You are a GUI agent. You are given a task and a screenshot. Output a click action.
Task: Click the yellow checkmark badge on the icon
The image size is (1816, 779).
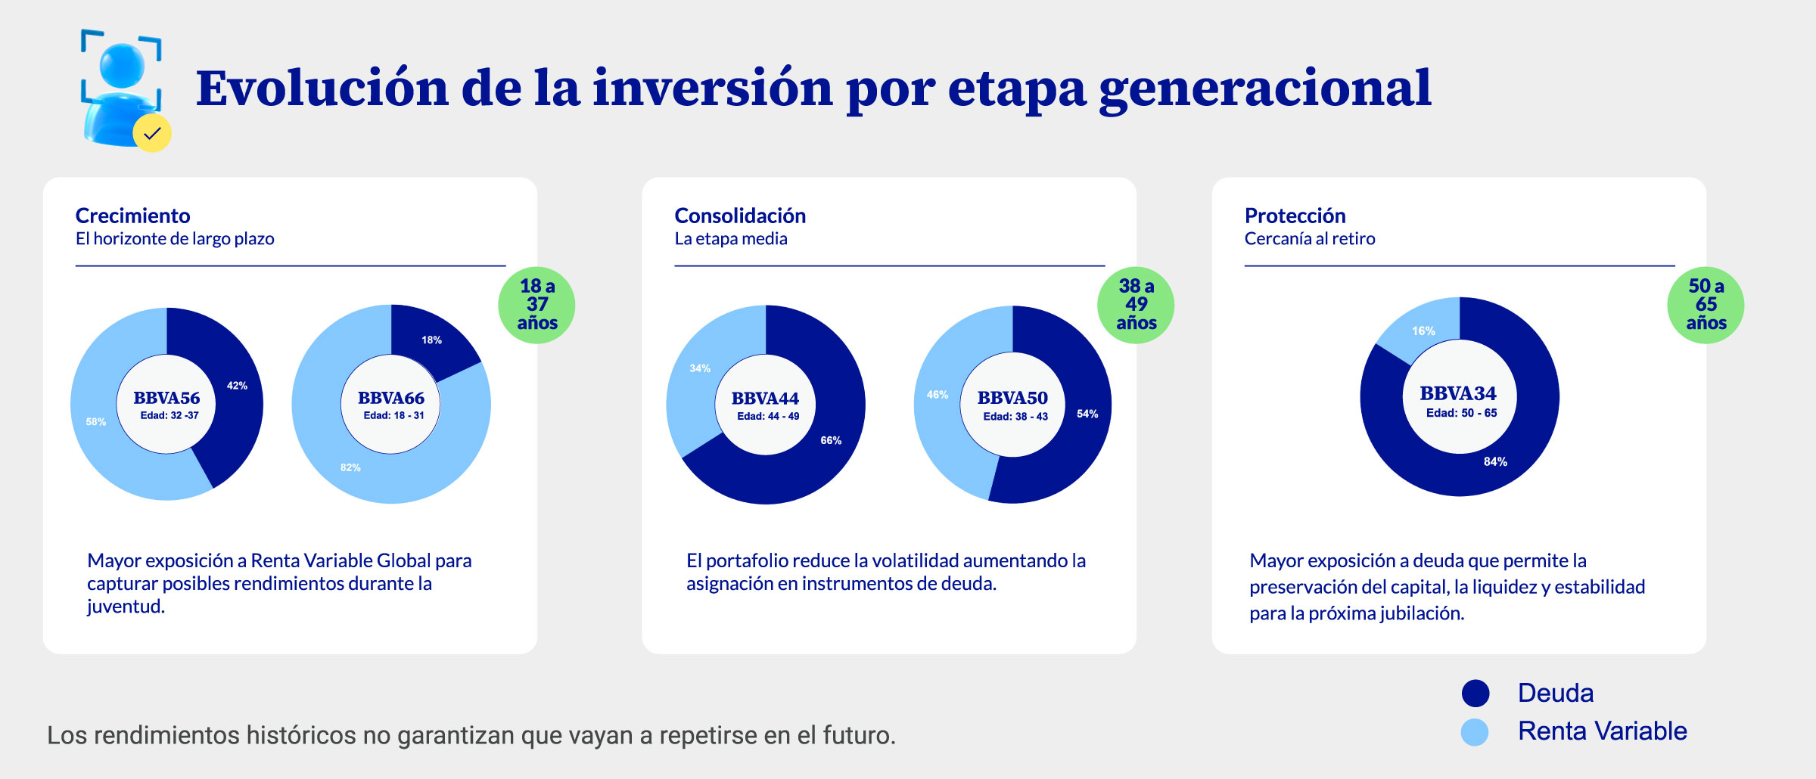(152, 134)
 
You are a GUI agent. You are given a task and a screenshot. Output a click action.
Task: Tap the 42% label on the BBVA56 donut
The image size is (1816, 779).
(237, 386)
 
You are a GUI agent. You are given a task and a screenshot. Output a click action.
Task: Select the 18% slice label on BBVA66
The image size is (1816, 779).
(431, 340)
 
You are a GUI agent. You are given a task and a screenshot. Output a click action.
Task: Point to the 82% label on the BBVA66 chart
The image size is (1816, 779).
(350, 467)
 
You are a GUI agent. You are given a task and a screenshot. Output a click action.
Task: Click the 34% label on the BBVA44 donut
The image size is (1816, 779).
(700, 368)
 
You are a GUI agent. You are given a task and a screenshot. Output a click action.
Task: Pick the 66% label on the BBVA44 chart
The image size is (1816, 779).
(831, 440)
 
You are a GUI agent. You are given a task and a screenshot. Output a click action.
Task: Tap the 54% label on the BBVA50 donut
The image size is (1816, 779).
(1087, 414)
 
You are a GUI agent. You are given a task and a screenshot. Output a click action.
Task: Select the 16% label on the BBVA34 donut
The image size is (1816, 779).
(1423, 331)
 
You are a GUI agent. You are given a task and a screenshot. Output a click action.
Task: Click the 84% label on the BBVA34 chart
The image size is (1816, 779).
(1495, 461)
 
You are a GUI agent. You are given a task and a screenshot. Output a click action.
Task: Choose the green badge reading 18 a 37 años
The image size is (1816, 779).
(536, 305)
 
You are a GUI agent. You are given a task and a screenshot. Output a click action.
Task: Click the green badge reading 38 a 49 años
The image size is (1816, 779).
(1136, 305)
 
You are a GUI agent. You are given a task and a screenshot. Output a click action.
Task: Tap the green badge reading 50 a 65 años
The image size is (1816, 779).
(1706, 305)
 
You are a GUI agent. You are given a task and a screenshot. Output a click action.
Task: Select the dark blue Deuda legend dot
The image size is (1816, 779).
(1475, 693)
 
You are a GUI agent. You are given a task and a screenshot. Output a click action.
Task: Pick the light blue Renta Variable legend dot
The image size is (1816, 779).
(1475, 731)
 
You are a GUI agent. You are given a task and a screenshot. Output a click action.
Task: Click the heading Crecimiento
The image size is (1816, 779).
(132, 216)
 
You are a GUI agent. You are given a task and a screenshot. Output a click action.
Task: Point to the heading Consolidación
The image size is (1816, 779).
(740, 216)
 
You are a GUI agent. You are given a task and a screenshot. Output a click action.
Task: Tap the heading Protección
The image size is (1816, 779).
(1295, 216)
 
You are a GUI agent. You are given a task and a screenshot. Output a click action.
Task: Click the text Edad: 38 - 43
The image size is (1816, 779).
(1015, 417)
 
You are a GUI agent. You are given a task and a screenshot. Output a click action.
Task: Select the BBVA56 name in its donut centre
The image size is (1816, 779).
(166, 398)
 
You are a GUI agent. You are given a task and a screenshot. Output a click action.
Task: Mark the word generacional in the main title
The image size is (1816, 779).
(1264, 89)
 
